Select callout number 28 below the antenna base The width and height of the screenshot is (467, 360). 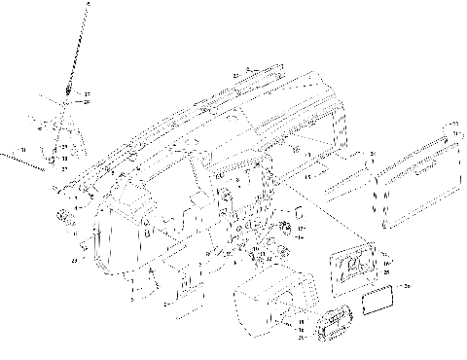(86, 102)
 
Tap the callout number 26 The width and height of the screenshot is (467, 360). (408, 286)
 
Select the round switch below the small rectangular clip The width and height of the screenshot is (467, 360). (287, 228)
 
